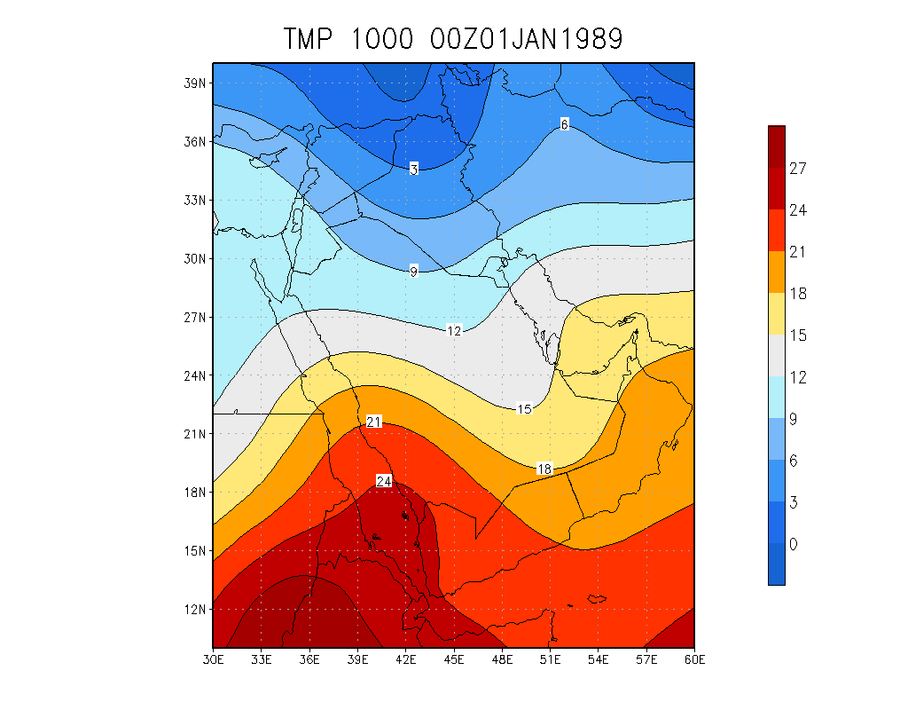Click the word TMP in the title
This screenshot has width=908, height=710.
tap(309, 39)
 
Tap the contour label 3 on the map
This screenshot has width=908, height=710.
tap(414, 169)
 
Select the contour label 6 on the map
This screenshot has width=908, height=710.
tap(565, 124)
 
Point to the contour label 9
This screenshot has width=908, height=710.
tap(414, 272)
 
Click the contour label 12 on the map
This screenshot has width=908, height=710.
tap(454, 331)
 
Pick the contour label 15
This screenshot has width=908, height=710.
tap(524, 409)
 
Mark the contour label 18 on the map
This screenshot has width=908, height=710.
tap(544, 469)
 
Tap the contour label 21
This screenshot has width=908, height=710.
tap(373, 422)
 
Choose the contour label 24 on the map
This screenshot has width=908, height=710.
tap(384, 481)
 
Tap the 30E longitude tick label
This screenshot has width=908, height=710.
tap(213, 660)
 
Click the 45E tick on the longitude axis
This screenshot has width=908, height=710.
tap(454, 660)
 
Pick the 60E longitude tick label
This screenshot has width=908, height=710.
tap(694, 660)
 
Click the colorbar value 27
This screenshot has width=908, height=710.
tap(798, 169)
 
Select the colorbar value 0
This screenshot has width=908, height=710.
tap(794, 543)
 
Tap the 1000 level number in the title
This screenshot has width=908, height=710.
tap(382, 39)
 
